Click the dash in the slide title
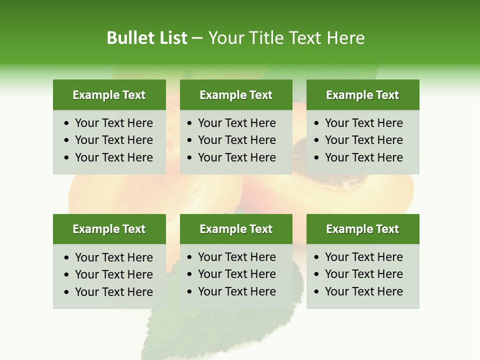click(x=197, y=38)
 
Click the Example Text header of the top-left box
click(x=109, y=95)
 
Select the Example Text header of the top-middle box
click(x=236, y=95)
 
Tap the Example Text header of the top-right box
click(x=362, y=95)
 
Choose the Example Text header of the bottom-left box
click(x=109, y=229)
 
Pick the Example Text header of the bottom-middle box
click(x=236, y=229)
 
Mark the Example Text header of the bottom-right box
click(x=362, y=229)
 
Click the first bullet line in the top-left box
click(x=113, y=123)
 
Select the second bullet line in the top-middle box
click(x=236, y=140)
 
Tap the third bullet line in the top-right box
click(x=363, y=157)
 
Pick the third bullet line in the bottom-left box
click(x=113, y=292)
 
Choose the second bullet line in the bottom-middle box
click(x=236, y=274)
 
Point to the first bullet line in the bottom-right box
click(x=363, y=257)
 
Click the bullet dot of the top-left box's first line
click(x=67, y=123)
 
